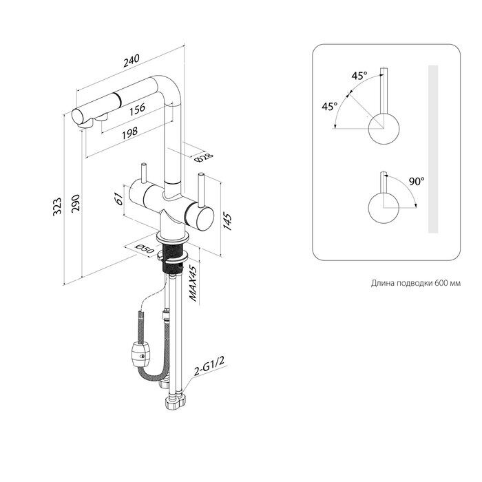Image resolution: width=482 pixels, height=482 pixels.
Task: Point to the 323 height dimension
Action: (57, 205)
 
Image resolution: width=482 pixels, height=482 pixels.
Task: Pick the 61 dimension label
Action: (118, 199)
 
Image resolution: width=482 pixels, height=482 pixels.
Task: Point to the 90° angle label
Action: (415, 182)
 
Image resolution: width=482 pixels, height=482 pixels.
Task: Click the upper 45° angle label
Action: (359, 76)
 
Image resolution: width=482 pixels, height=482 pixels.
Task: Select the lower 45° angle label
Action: (329, 107)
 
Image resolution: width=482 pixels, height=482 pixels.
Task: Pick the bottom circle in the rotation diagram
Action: (382, 207)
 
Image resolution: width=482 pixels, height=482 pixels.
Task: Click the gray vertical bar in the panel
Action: (432, 149)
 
